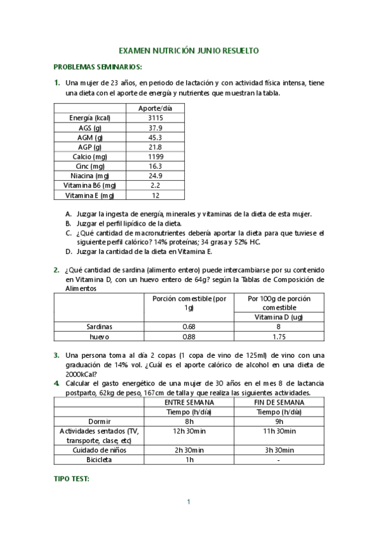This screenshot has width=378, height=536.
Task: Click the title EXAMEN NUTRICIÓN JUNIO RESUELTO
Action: click(189, 51)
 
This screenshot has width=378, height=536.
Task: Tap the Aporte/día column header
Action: click(155, 108)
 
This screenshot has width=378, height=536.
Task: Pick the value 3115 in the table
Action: click(155, 118)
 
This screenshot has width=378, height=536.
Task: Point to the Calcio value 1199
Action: click(155, 156)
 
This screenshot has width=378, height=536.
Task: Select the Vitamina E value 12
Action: click(155, 195)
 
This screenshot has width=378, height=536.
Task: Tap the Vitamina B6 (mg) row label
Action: click(92, 185)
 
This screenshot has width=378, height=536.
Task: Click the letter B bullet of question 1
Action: click(68, 223)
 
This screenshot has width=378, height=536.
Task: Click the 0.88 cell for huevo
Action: click(188, 337)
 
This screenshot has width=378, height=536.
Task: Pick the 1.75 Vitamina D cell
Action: click(279, 337)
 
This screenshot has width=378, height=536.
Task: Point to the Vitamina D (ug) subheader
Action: click(279, 317)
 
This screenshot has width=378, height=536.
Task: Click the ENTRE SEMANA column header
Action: click(189, 402)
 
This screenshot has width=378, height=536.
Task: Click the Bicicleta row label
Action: click(99, 460)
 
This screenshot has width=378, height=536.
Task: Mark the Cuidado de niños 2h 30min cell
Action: click(189, 450)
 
